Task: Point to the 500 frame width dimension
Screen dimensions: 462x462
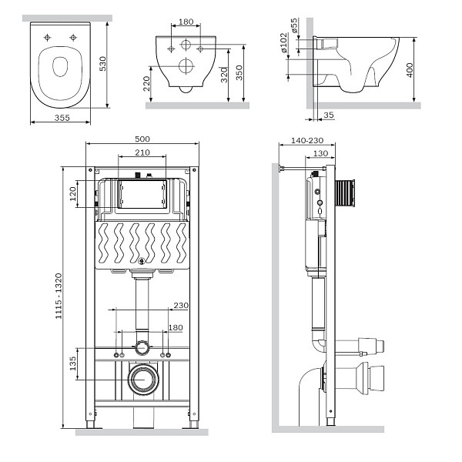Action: [142, 139]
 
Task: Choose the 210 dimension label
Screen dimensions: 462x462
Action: [142, 152]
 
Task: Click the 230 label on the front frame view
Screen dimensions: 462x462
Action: [180, 305]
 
